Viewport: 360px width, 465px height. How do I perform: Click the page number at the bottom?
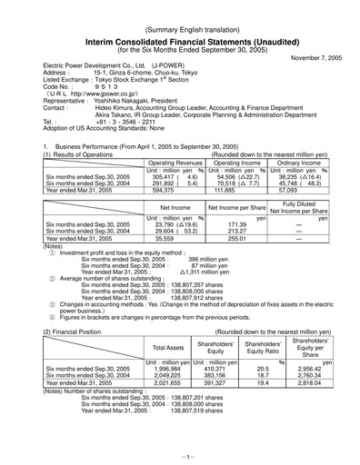(181, 453)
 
